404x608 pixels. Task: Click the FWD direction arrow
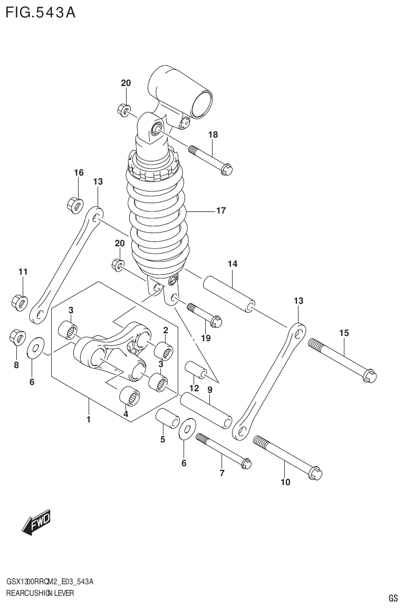pyautogui.click(x=36, y=523)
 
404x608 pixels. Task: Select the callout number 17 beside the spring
pyautogui.click(x=220, y=211)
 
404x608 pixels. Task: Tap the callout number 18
pyautogui.click(x=213, y=135)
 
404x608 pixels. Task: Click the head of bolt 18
pyautogui.click(x=227, y=170)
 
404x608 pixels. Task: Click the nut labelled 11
pyautogui.click(x=20, y=302)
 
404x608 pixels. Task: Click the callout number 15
pyautogui.click(x=344, y=333)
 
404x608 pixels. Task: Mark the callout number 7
pyautogui.click(x=222, y=473)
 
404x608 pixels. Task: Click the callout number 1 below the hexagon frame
pyautogui.click(x=89, y=420)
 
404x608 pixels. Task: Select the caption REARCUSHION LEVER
pyautogui.click(x=40, y=593)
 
